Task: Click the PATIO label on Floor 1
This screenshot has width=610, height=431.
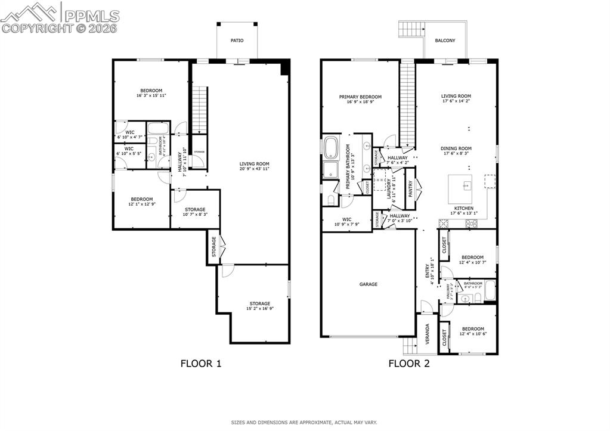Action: pyautogui.click(x=237, y=41)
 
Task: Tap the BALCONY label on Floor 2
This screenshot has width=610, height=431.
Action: pyautogui.click(x=445, y=41)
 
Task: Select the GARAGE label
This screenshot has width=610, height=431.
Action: pyautogui.click(x=368, y=284)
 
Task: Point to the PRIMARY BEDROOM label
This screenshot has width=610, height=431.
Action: pyautogui.click(x=360, y=97)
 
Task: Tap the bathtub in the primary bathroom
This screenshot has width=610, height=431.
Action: pyautogui.click(x=330, y=147)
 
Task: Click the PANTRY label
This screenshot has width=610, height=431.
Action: pyautogui.click(x=410, y=189)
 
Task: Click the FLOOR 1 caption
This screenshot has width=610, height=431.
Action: pyautogui.click(x=201, y=363)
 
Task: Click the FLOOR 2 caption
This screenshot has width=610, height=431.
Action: pyautogui.click(x=409, y=363)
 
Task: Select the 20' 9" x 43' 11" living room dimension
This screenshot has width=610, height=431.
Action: pyautogui.click(x=255, y=169)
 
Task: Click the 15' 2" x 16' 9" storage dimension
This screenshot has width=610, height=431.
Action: pyautogui.click(x=260, y=308)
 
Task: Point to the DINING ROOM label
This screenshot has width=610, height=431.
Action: pyautogui.click(x=456, y=148)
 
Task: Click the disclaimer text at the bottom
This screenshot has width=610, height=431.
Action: pyautogui.click(x=304, y=423)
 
